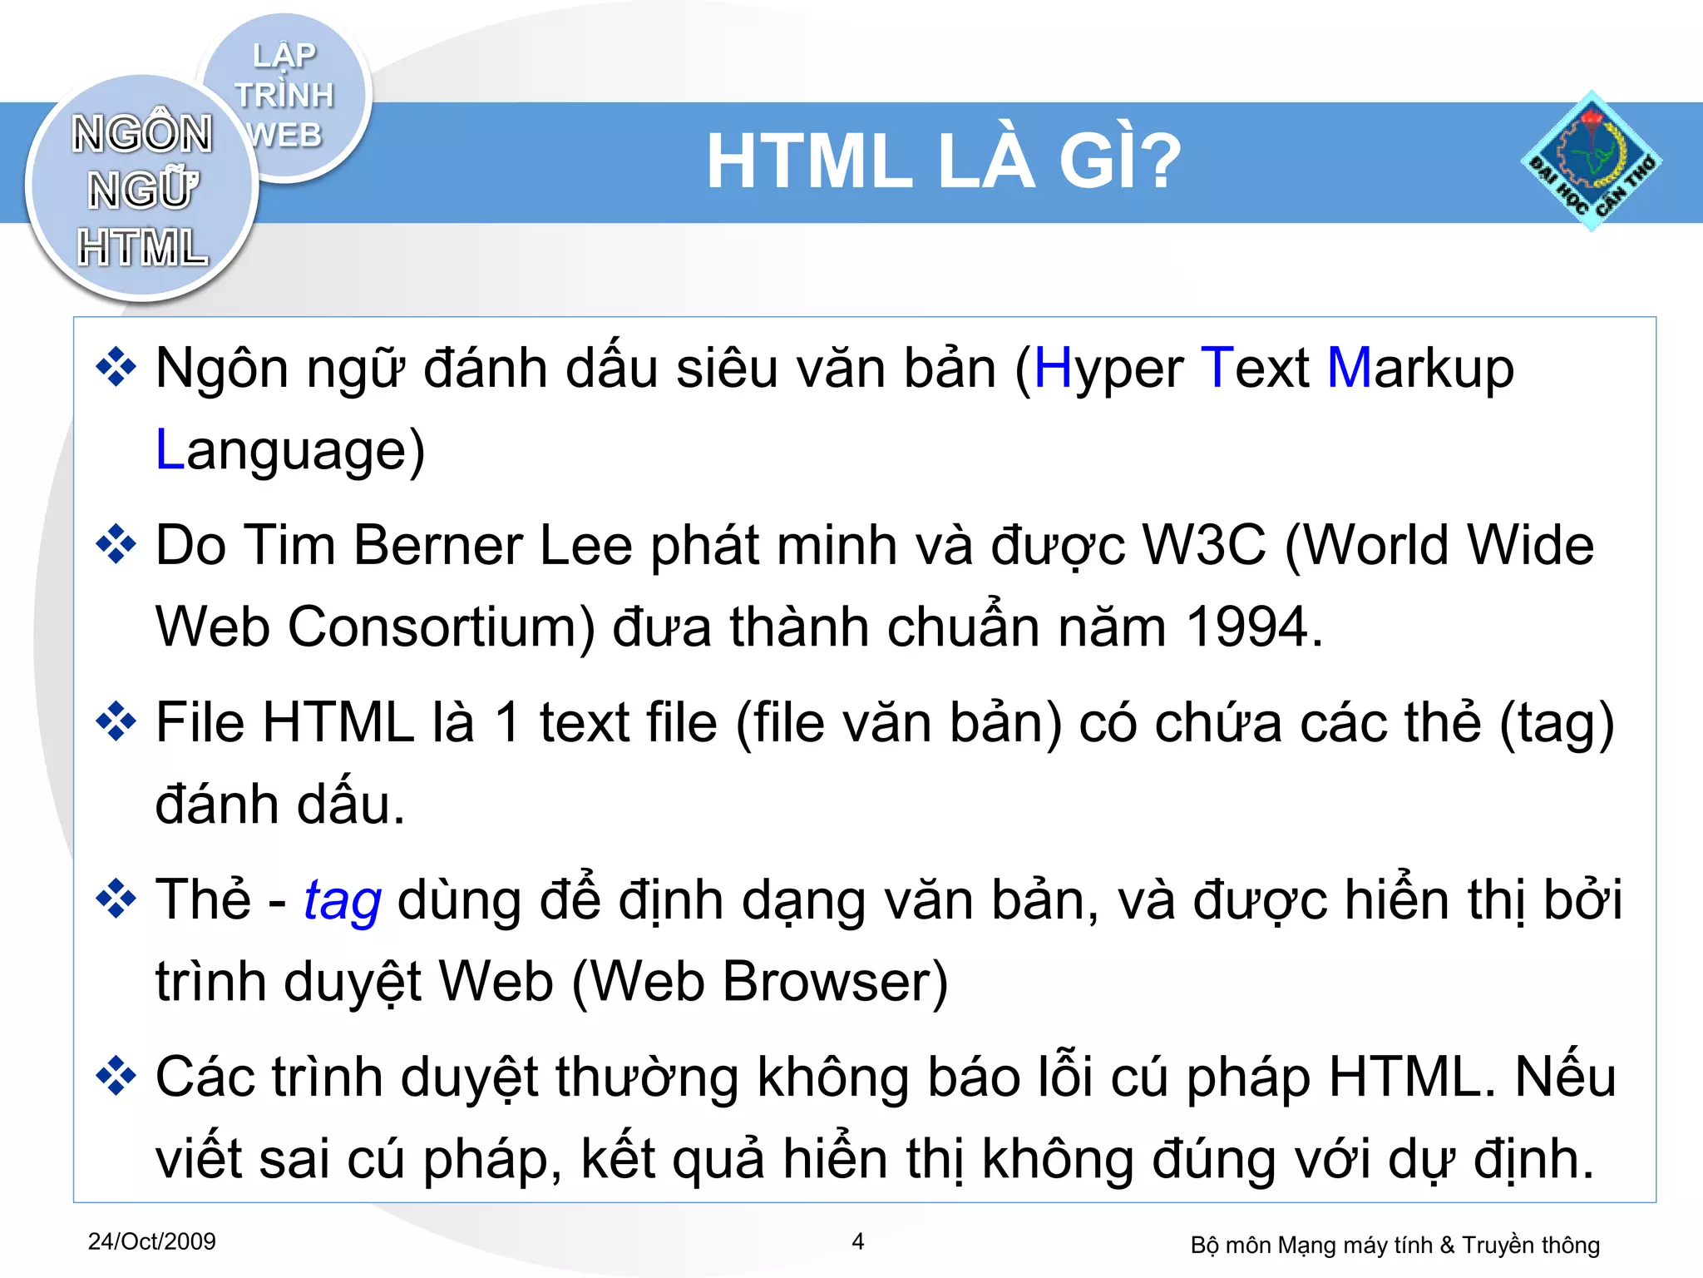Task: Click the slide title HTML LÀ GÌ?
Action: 943,161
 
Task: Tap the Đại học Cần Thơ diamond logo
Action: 1591,161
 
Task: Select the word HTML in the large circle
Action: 142,248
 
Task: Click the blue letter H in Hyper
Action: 1052,368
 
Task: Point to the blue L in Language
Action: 170,450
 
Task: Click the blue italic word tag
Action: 343,901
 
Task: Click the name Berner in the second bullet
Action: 439,546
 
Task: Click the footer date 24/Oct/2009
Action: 151,1241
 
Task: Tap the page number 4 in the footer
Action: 858,1241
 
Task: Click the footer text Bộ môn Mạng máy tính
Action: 1311,1245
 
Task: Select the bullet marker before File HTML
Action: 116,721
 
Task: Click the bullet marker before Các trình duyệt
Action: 116,1076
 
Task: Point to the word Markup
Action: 1420,368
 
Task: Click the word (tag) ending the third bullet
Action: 1556,722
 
